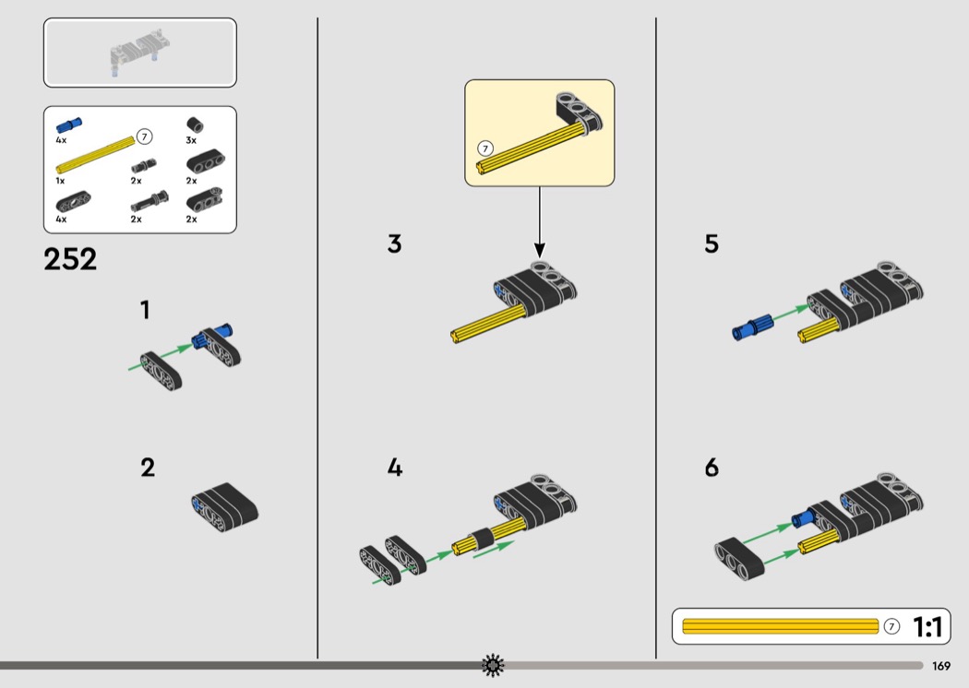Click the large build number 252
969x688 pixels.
70,259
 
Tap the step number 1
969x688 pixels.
145,310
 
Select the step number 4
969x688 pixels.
395,468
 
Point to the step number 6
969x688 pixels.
712,468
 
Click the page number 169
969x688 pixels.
941,666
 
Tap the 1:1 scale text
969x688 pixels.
927,627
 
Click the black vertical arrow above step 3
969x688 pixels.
540,222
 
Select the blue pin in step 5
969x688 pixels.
752,327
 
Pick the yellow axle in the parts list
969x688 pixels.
95,154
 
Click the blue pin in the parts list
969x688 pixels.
69,125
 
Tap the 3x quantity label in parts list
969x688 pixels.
191,141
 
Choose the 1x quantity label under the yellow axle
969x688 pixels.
60,181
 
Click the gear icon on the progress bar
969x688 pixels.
493,665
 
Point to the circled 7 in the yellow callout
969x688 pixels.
485,148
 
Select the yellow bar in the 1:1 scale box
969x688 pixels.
780,626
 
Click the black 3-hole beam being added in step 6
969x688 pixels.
739,559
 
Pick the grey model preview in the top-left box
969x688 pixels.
140,52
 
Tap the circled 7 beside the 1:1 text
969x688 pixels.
891,626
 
